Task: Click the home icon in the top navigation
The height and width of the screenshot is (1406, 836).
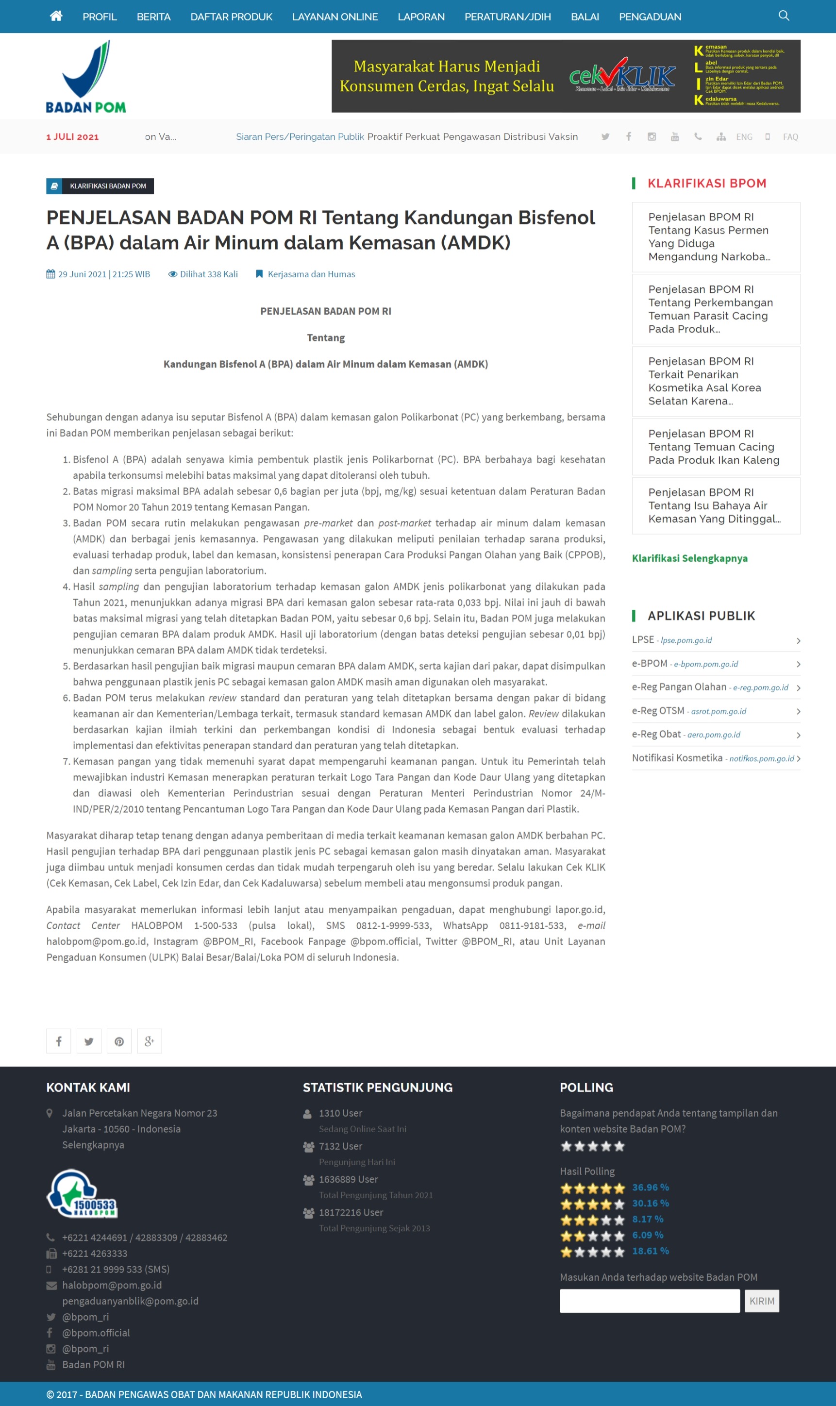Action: pyautogui.click(x=56, y=17)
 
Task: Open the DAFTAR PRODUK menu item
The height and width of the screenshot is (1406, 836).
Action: pyautogui.click(x=231, y=17)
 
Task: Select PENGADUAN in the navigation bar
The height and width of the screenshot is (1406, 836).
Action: pyautogui.click(x=650, y=17)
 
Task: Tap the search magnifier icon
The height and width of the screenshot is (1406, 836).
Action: pyautogui.click(x=783, y=16)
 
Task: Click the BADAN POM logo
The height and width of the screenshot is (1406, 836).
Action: pyautogui.click(x=85, y=77)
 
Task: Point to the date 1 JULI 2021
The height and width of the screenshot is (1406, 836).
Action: pyautogui.click(x=72, y=137)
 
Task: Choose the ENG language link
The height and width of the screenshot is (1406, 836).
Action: pyautogui.click(x=744, y=137)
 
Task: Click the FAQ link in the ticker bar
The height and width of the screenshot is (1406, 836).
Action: pyautogui.click(x=790, y=137)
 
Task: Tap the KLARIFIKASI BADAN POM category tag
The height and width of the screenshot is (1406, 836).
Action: pyautogui.click(x=100, y=186)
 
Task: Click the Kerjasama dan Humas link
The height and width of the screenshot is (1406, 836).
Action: pyautogui.click(x=311, y=274)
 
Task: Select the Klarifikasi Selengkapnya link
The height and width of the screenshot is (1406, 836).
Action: pyautogui.click(x=689, y=558)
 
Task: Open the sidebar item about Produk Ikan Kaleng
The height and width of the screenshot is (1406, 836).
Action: pyautogui.click(x=713, y=447)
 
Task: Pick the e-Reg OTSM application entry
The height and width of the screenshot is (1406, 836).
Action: pyautogui.click(x=688, y=711)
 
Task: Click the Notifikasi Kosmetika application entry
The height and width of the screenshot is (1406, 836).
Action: pyautogui.click(x=713, y=758)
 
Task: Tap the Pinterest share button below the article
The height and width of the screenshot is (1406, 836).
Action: pyautogui.click(x=119, y=1041)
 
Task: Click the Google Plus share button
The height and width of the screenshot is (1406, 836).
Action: pyautogui.click(x=150, y=1041)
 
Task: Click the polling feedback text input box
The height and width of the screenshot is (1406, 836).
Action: pyautogui.click(x=649, y=1301)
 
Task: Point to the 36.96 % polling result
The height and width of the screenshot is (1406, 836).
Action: pyautogui.click(x=650, y=1188)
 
